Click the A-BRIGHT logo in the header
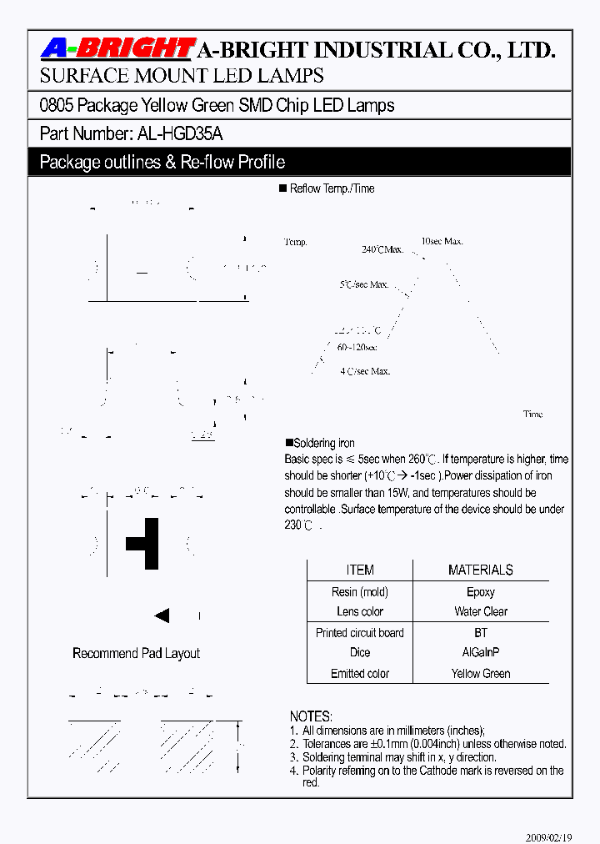click(117, 49)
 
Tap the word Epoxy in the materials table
click(480, 592)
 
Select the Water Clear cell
click(480, 611)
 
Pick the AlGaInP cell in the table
click(480, 652)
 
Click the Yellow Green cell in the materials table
click(480, 673)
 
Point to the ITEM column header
click(360, 570)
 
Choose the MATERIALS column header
click(480, 570)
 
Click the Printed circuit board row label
click(360, 633)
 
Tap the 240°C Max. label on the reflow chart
click(382, 249)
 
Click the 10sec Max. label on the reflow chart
click(442, 241)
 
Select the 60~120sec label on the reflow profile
click(357, 347)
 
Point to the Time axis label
click(532, 414)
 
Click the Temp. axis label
click(296, 242)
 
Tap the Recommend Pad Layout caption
click(136, 654)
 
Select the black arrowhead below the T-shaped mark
click(162, 616)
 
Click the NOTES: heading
click(311, 716)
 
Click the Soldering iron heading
click(321, 444)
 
